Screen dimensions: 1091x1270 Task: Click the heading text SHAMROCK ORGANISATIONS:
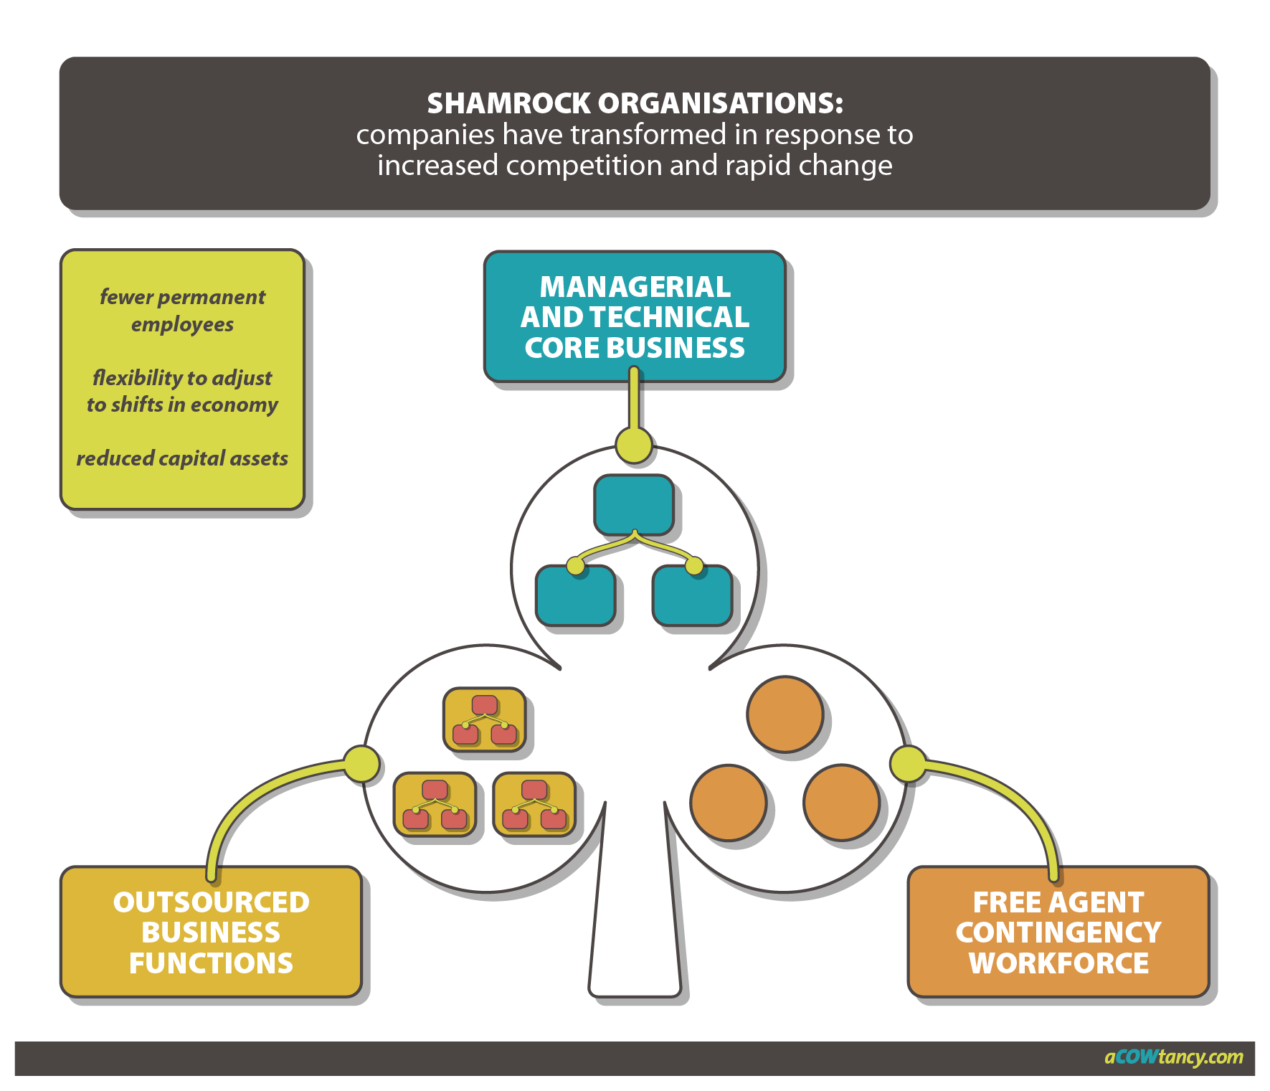click(x=635, y=103)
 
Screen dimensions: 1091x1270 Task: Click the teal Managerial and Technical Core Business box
click(x=635, y=316)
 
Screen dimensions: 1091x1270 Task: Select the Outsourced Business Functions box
click(x=211, y=932)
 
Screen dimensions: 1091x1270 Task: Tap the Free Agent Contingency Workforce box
click(x=1058, y=932)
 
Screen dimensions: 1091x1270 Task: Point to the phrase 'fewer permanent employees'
click(x=182, y=311)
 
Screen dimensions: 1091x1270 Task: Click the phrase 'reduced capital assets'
click(x=182, y=458)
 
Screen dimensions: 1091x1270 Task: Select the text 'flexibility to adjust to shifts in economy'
click(x=182, y=391)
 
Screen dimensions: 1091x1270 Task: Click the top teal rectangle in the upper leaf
click(x=633, y=504)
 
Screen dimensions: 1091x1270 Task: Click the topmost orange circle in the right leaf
click(x=785, y=714)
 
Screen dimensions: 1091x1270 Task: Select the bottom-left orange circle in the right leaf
click(x=728, y=802)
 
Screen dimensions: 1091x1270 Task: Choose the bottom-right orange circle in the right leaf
click(x=841, y=802)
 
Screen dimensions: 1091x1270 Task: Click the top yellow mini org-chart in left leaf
click(x=484, y=719)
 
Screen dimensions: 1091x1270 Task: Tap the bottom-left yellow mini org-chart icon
click(x=435, y=804)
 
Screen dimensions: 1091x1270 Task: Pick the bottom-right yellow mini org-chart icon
click(x=534, y=804)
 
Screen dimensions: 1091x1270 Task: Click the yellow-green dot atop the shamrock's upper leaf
click(x=634, y=445)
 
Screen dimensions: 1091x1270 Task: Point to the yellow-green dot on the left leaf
click(x=361, y=763)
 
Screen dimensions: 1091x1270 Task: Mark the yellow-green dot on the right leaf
click(x=909, y=763)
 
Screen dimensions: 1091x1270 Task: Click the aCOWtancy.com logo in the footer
click(x=1173, y=1057)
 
